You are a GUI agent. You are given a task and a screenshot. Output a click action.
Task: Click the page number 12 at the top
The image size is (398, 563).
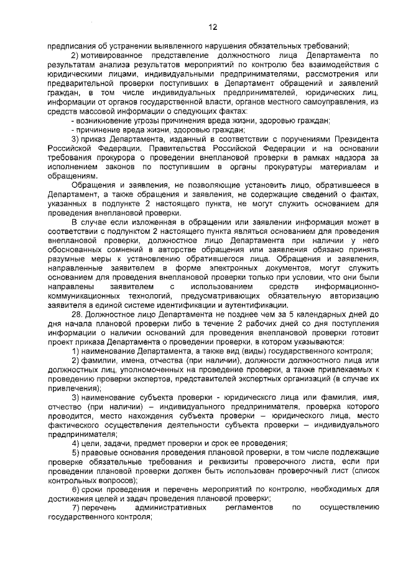[x=212, y=27]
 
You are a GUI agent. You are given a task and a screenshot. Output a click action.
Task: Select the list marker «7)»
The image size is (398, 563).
[x=77, y=507]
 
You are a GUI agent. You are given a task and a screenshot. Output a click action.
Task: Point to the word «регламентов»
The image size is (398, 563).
[x=251, y=507]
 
